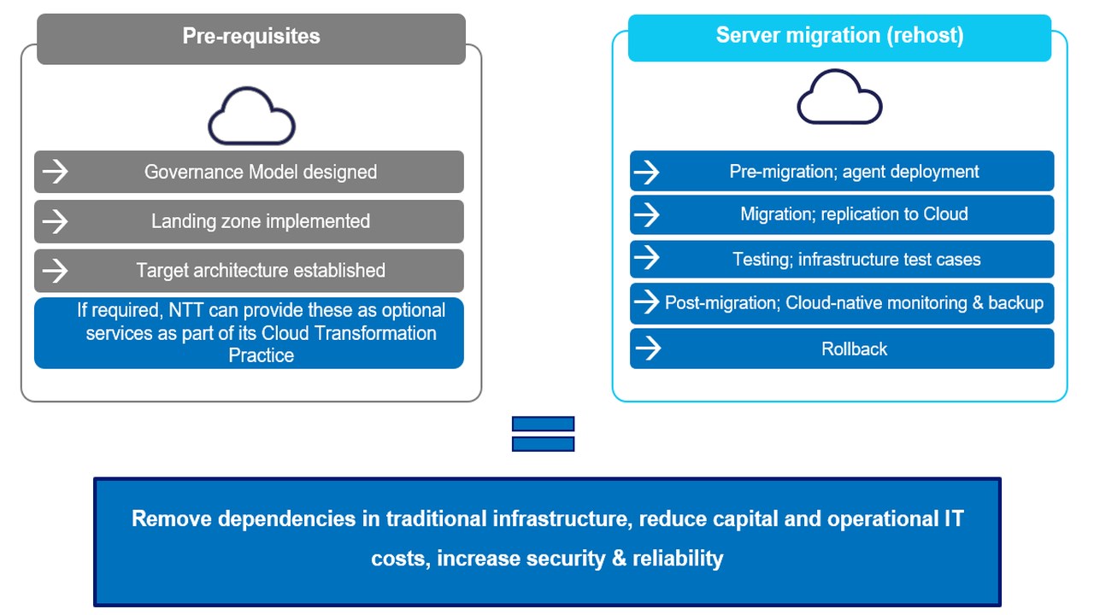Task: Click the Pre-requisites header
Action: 251,36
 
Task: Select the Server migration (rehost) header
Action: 839,36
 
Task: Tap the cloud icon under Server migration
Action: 839,97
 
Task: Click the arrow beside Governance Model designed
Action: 56,172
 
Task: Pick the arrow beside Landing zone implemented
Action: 56,221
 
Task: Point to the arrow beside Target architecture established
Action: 56,271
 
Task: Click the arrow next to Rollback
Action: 648,348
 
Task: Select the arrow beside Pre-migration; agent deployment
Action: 648,172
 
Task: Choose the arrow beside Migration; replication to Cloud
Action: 648,214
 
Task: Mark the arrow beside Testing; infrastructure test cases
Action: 648,259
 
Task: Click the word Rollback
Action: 854,348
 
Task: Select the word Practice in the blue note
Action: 261,355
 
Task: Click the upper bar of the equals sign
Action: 543,424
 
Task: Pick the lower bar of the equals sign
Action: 543,443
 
